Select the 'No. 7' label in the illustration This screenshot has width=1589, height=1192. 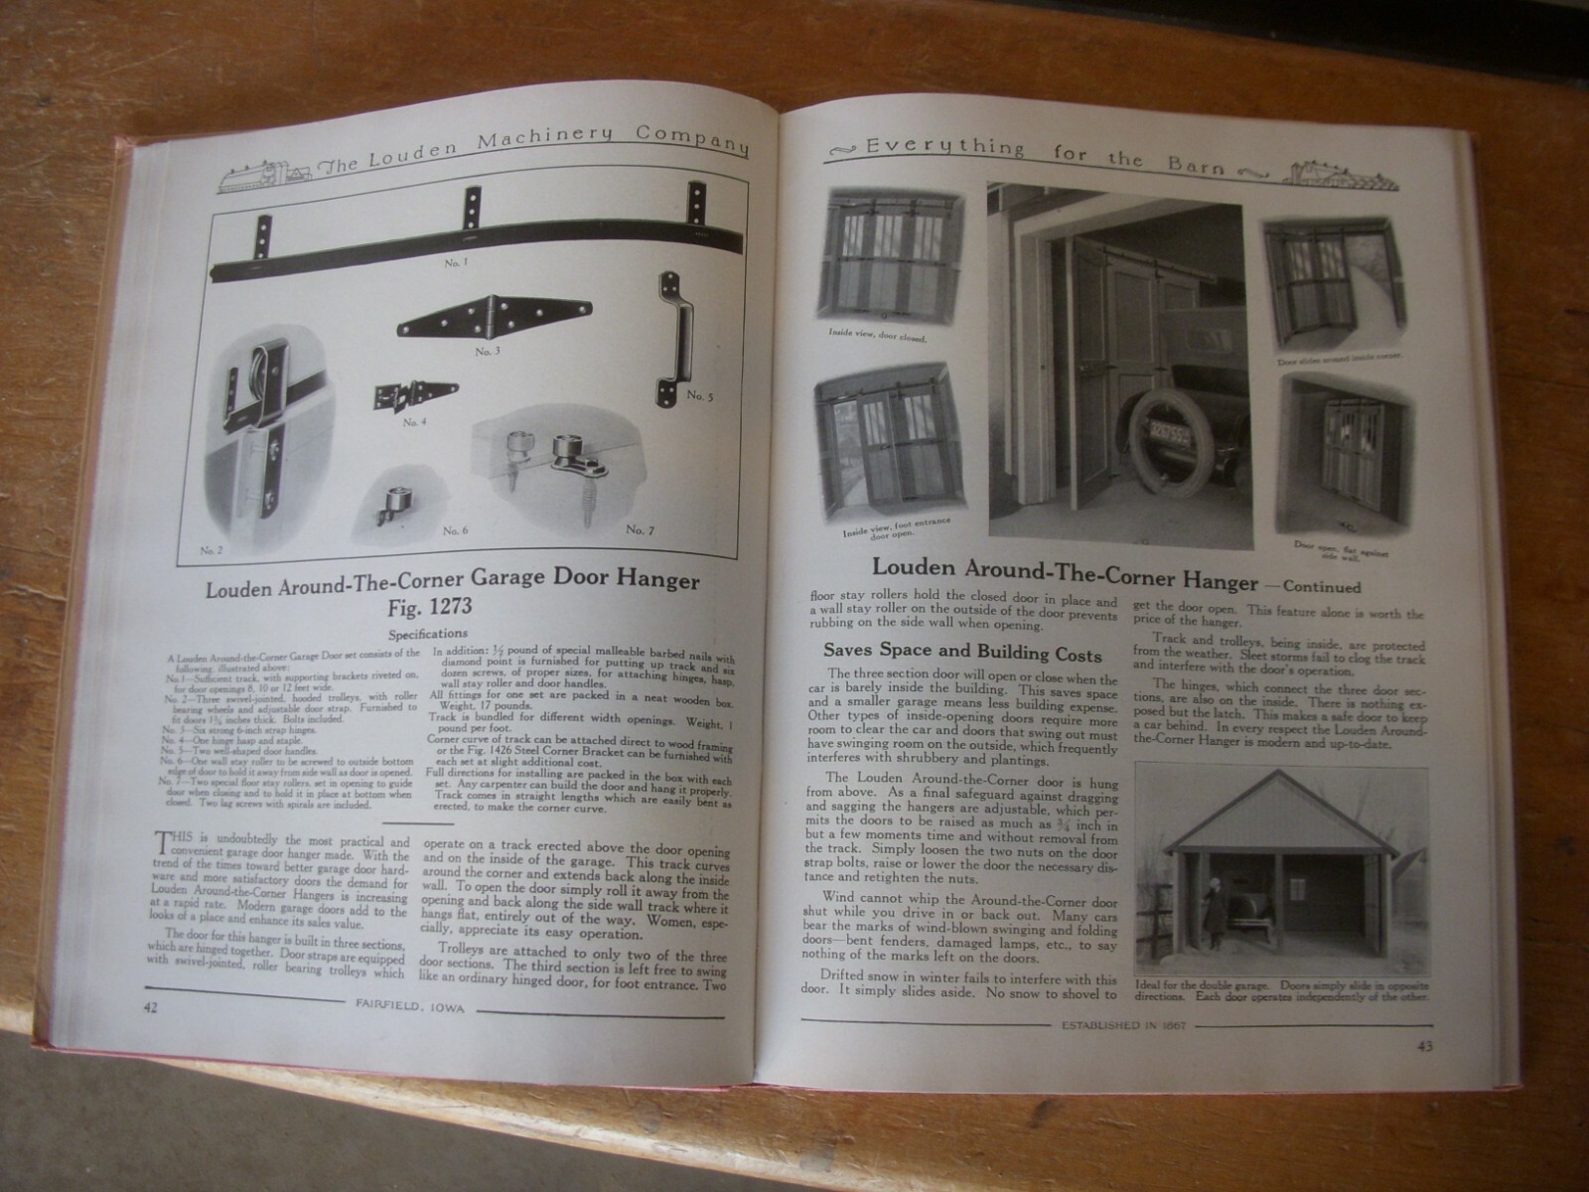point(641,530)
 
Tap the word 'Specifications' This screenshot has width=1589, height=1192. point(427,633)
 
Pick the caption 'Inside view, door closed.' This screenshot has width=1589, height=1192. point(878,339)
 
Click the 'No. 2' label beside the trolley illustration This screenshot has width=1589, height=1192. point(212,549)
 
